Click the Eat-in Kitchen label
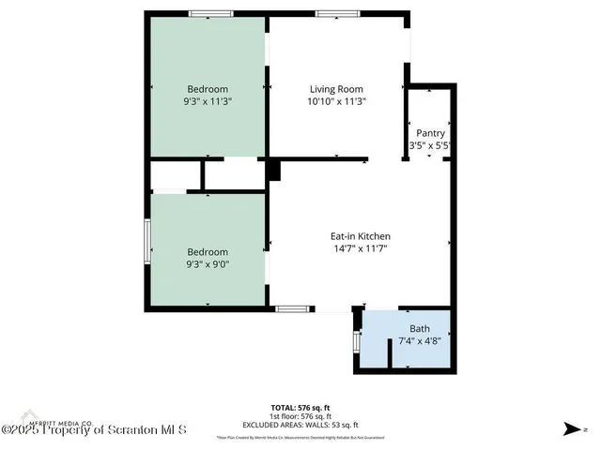coord(360,236)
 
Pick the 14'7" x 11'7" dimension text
coord(360,248)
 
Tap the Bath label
coord(419,329)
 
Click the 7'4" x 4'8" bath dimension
coord(419,341)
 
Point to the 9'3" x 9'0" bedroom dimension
coord(208,265)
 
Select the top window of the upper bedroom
coord(211,13)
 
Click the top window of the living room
coord(331,13)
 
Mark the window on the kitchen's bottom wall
coord(289,308)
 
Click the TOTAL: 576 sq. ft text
coord(300,408)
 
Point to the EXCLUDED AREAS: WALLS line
coord(300,426)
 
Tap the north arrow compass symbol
coord(569,429)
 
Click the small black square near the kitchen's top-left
coord(273,171)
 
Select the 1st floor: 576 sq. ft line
coord(300,417)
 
